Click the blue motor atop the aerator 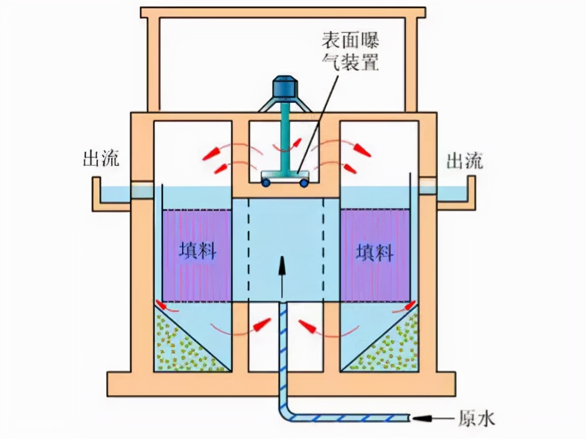(284, 87)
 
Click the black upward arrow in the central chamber (282, 276)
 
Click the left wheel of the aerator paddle (266, 183)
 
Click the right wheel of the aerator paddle (304, 183)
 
